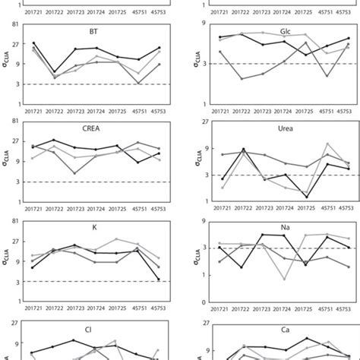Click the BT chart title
coord(93,32)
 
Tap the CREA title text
coord(93,129)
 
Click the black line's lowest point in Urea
coord(306,197)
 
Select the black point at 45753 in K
coord(159,279)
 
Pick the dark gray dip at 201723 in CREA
coord(75,173)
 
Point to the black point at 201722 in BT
coord(54,72)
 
